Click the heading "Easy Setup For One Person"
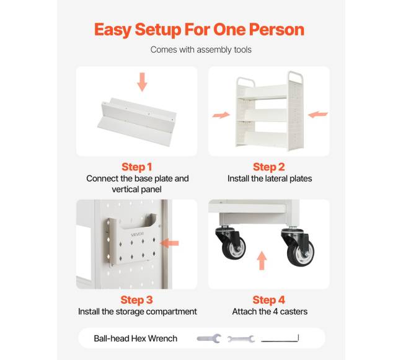[x=199, y=30]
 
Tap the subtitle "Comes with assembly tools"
[x=201, y=50]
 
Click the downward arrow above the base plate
[x=142, y=82]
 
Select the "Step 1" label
[x=137, y=167]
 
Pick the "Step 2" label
[x=269, y=167]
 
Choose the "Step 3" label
[x=136, y=300]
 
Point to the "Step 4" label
[x=269, y=300]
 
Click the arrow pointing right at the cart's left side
[x=221, y=115]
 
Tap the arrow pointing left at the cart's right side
[x=317, y=115]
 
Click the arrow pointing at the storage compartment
[x=169, y=243]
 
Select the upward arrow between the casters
[x=262, y=260]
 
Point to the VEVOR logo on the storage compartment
[x=138, y=235]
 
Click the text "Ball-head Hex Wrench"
[x=135, y=338]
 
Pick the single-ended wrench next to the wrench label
[x=209, y=338]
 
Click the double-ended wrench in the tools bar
[x=241, y=339]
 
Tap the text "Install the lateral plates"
[x=270, y=178]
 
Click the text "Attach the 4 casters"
[x=270, y=312]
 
